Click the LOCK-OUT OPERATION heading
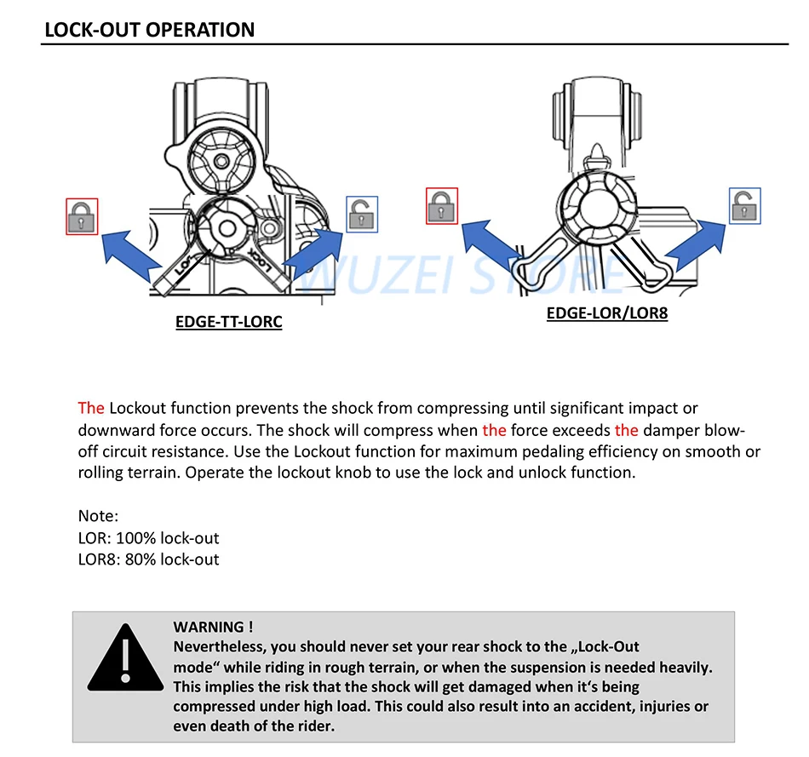149,30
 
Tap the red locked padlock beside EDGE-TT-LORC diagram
82,216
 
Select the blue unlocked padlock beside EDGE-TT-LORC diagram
362,214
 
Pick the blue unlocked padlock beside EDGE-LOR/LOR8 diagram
745,206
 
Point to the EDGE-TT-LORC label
228,323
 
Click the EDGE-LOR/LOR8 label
607,313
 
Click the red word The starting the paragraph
90,408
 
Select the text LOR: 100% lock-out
148,538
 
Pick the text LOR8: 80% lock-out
148,559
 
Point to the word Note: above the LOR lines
98,516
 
